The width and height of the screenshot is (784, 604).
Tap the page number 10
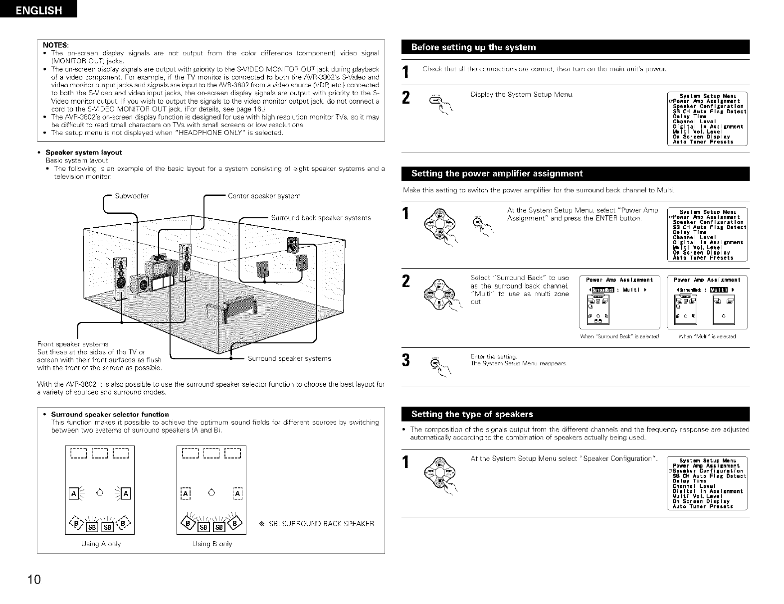[33, 580]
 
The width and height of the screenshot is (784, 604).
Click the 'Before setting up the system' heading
[473, 47]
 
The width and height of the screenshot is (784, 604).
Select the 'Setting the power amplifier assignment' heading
[497, 173]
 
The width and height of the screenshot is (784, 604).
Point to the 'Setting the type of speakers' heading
[472, 414]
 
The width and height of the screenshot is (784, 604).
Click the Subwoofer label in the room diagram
[132, 196]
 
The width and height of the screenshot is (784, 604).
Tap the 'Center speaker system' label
[264, 196]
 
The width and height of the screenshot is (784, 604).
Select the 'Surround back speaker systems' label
[321, 218]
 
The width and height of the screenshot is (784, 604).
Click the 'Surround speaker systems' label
[289, 358]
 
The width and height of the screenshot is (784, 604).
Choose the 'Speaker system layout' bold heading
[84, 152]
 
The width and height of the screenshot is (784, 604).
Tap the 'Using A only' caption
[101, 544]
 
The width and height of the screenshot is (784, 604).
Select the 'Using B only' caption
[212, 544]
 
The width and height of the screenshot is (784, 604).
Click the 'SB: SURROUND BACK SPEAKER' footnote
[317, 524]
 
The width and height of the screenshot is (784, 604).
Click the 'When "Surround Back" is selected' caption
[620, 337]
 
